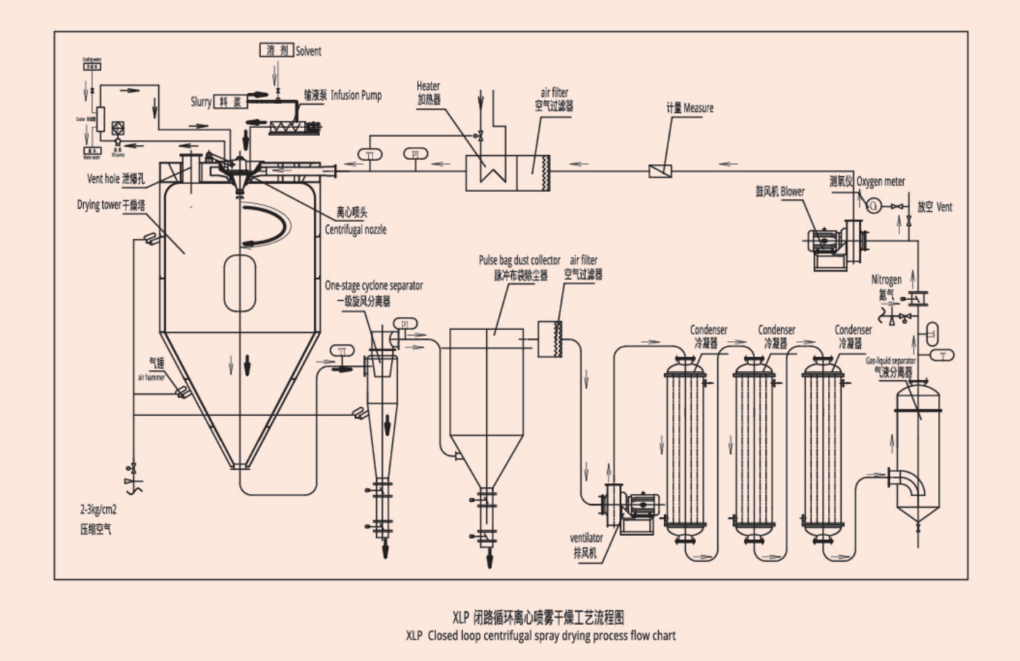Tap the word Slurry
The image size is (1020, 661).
click(200, 102)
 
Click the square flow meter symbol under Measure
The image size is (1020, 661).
click(659, 171)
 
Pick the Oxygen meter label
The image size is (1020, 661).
click(881, 182)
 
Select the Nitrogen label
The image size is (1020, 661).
click(886, 280)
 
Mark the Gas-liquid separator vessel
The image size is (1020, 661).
click(918, 448)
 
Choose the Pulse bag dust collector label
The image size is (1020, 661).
click(520, 261)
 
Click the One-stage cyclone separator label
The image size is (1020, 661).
click(374, 286)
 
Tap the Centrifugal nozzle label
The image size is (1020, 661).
click(355, 230)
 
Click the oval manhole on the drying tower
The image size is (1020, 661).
click(240, 283)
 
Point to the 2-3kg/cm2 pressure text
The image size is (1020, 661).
click(98, 510)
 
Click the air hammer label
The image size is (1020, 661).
click(151, 377)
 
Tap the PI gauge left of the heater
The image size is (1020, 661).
click(415, 154)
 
